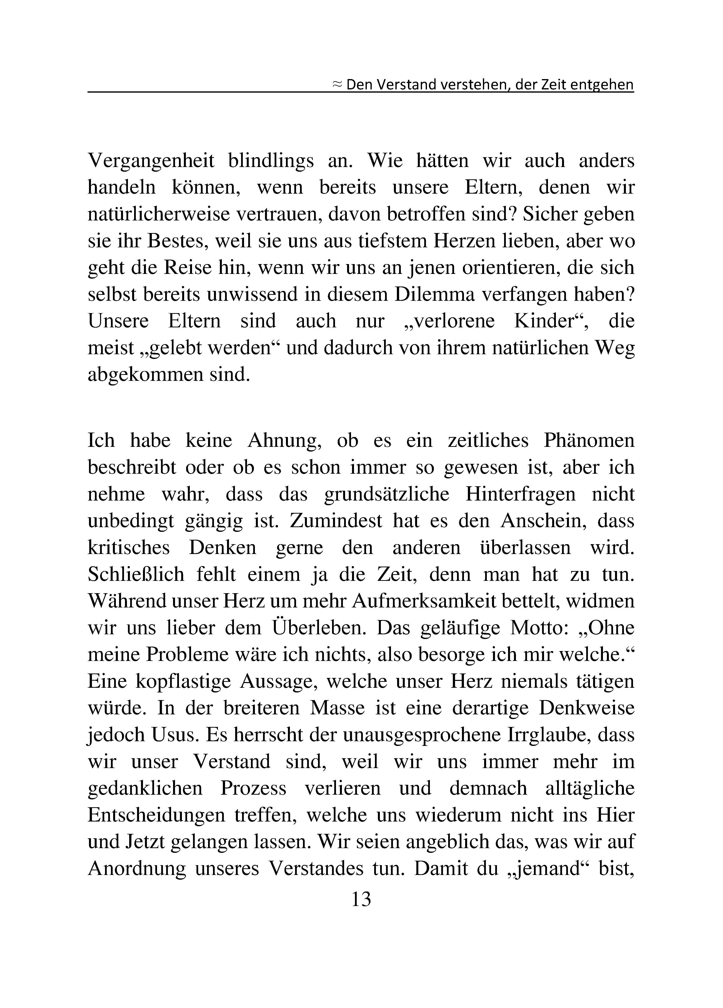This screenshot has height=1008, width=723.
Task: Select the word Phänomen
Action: (x=589, y=440)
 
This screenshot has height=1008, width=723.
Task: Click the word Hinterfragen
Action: (x=520, y=494)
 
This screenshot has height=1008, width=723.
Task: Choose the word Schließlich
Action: (x=136, y=574)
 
